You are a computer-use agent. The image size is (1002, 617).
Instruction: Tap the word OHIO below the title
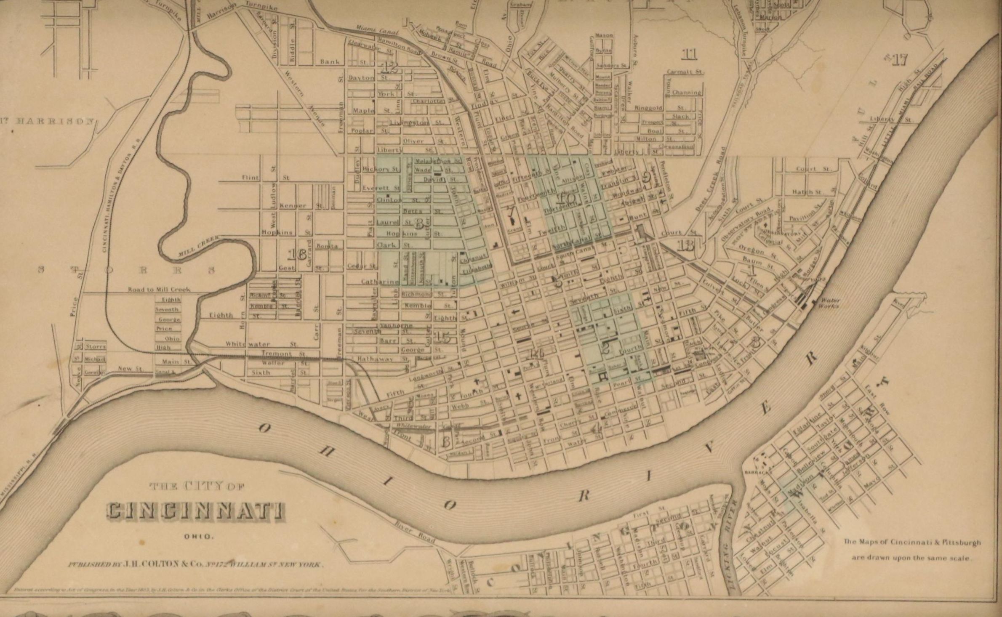click(199, 537)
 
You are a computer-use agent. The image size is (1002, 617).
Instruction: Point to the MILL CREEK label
click(198, 246)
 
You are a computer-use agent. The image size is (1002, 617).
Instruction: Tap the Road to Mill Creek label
click(159, 290)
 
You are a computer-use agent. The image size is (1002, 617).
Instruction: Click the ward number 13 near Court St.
click(686, 245)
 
